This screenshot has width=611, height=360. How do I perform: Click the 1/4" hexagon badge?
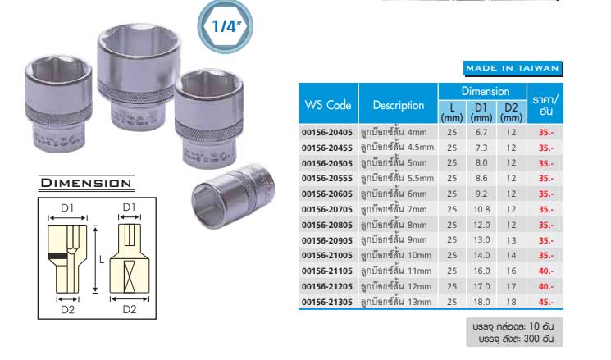click(226, 26)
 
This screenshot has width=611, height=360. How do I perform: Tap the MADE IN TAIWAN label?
click(513, 68)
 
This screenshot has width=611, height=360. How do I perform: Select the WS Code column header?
click(328, 105)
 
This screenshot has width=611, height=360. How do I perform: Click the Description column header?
click(399, 105)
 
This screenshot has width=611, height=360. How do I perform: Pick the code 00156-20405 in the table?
click(327, 133)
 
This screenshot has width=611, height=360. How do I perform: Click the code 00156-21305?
click(327, 302)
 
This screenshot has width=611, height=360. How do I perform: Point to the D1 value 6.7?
click(481, 133)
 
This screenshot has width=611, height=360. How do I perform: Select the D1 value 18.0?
click(481, 302)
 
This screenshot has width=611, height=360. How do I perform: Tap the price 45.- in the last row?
click(546, 302)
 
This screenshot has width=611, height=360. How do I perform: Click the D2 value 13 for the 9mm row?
click(511, 240)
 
